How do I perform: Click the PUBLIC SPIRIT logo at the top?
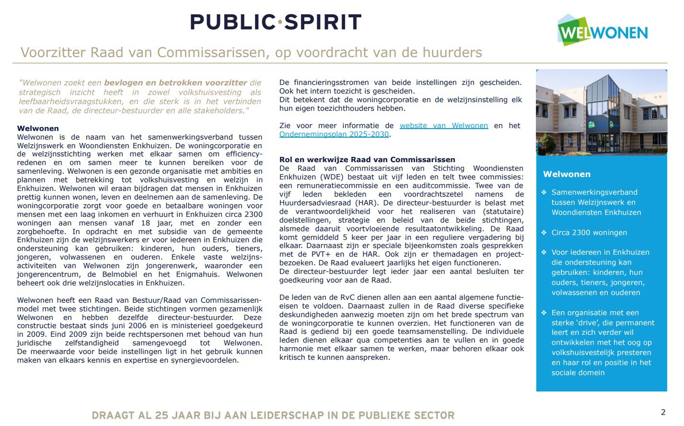[276, 22]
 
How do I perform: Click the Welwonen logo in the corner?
[603, 31]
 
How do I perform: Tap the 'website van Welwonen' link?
[443, 126]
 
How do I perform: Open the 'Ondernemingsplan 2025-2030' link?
[334, 134]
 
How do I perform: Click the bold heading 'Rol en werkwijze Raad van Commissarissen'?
[367, 160]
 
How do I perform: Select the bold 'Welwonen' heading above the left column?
[38, 129]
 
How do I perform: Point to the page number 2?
[663, 412]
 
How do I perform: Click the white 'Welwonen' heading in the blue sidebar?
[567, 174]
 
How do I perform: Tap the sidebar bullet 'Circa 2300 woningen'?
[589, 233]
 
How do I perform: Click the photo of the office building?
[601, 113]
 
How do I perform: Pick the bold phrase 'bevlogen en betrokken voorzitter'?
[175, 83]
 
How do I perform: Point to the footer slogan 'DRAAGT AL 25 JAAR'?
[273, 415]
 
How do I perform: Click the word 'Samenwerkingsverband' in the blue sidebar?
[594, 192]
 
